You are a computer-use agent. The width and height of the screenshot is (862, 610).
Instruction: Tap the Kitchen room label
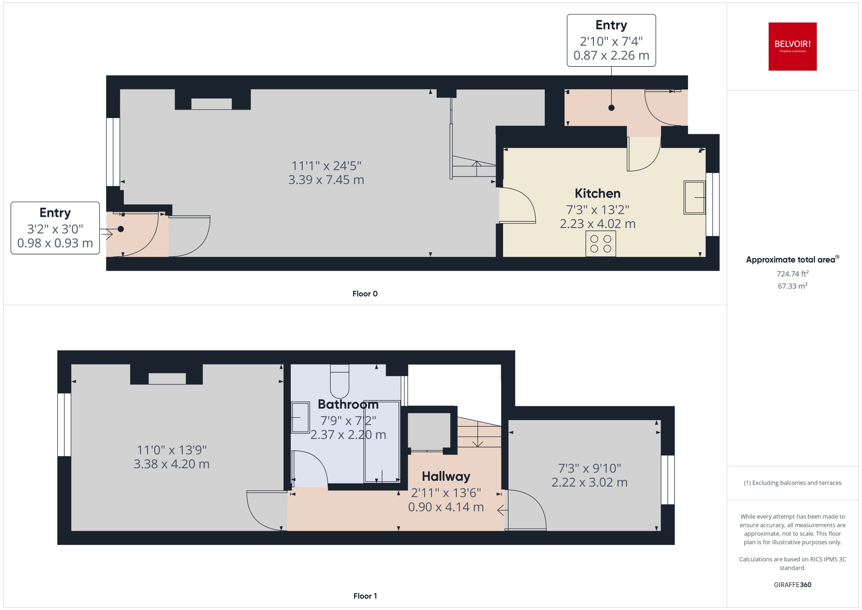click(x=597, y=194)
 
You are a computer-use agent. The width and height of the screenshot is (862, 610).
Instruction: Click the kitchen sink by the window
click(x=694, y=198)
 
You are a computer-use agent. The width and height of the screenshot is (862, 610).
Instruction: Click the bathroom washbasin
click(x=300, y=417)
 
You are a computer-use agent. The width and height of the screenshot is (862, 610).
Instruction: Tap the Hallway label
click(x=446, y=476)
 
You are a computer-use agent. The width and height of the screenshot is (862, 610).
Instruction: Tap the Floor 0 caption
click(x=365, y=294)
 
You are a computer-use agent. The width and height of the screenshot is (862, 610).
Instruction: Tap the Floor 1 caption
click(x=365, y=596)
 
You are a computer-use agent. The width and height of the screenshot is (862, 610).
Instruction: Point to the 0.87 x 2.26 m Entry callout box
click(x=611, y=41)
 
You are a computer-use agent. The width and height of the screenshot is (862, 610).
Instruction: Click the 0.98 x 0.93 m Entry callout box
click(x=55, y=228)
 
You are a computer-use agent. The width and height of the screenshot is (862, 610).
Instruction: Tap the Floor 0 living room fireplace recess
click(x=212, y=104)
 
